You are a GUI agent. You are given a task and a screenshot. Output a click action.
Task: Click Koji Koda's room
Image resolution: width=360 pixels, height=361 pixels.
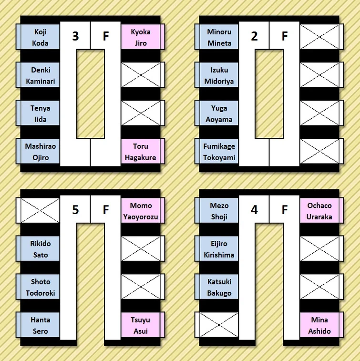[41, 37]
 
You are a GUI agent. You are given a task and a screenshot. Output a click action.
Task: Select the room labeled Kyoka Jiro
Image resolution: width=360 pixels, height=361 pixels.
[141, 37]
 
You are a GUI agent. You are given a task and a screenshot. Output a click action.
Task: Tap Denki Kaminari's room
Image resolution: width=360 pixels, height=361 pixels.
[41, 75]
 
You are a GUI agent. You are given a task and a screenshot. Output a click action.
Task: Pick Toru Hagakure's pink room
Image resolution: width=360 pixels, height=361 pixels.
[141, 152]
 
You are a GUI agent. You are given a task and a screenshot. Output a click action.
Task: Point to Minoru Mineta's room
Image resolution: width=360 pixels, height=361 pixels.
[219, 37]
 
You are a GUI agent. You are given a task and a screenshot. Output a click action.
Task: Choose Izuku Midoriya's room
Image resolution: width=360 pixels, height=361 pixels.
[219, 75]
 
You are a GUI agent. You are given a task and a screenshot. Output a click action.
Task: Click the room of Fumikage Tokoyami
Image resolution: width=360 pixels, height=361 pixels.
[219, 152]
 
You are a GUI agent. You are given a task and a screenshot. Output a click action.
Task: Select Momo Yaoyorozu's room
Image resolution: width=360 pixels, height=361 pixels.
[141, 211]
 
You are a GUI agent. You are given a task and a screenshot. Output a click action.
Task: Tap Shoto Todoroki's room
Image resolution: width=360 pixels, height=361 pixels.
[41, 287]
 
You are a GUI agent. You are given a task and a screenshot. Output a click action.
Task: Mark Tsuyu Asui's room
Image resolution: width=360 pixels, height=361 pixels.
[141, 325]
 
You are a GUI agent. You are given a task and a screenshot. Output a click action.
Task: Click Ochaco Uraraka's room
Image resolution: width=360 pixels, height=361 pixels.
[319, 211]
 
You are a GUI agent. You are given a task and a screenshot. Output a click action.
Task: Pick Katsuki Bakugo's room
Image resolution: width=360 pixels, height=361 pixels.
[219, 287]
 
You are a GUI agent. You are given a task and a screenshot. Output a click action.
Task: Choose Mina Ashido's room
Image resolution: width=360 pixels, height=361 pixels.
[319, 325]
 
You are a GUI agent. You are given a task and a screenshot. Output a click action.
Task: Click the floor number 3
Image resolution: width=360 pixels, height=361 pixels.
[75, 36]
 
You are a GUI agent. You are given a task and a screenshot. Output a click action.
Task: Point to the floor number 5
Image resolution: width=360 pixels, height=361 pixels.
[75, 210]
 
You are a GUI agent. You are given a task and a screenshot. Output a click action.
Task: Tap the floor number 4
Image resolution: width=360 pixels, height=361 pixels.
[254, 210]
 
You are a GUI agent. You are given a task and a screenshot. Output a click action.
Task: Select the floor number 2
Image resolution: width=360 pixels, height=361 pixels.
[254, 36]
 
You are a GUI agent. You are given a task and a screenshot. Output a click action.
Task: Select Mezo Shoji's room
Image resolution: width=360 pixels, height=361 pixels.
[219, 211]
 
